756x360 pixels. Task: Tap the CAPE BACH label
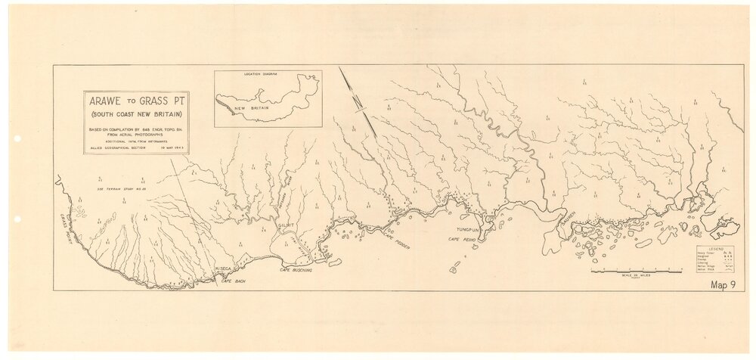235,281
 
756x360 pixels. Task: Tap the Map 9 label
724,285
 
